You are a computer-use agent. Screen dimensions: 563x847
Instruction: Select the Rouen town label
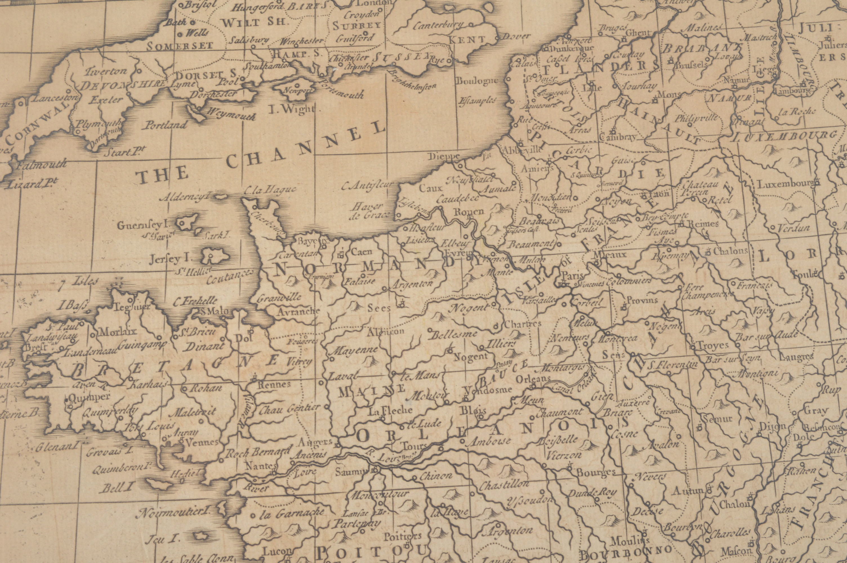tap(469, 211)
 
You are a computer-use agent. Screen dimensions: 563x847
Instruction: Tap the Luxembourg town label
tap(785, 184)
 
